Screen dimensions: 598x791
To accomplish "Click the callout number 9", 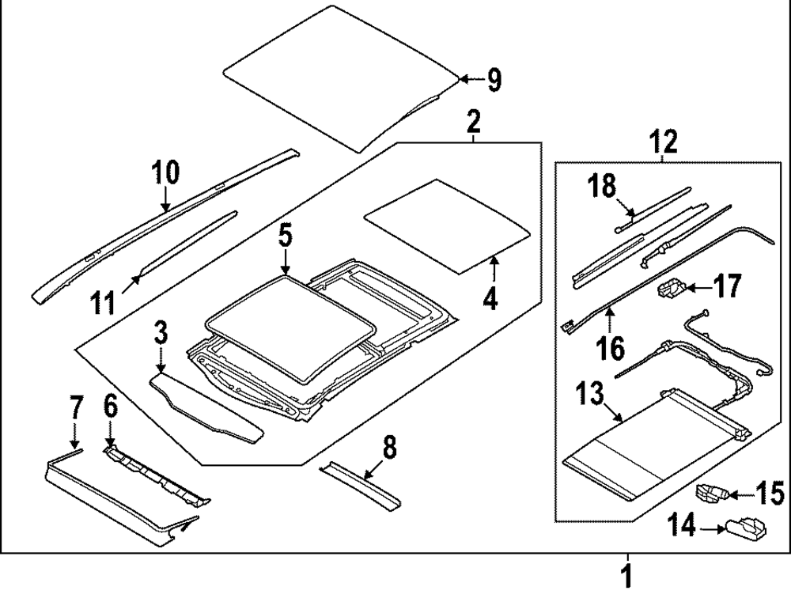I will click(493, 79).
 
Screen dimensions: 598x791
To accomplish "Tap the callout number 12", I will click(664, 142).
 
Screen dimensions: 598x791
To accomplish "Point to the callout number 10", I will click(166, 172).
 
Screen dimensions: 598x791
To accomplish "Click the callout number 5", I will click(286, 235).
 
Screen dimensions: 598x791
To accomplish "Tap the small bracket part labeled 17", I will click(670, 290).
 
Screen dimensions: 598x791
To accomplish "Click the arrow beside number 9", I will click(469, 79).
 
